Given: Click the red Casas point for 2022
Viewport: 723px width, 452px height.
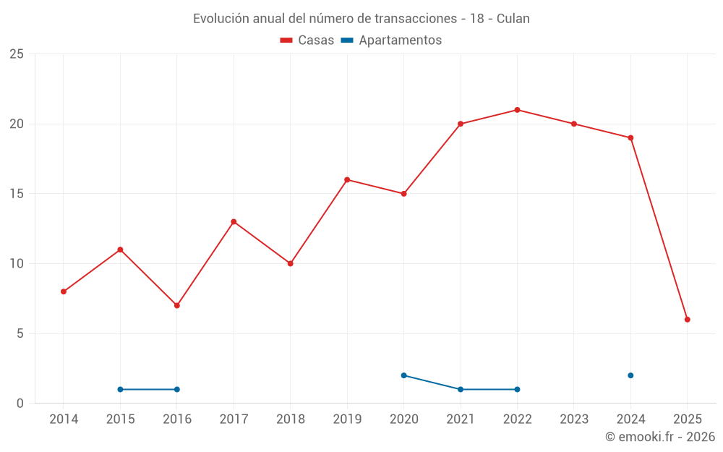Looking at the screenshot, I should [517, 110].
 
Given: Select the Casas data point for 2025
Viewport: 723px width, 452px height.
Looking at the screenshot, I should [687, 320].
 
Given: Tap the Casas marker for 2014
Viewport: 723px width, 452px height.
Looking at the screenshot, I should [64, 291].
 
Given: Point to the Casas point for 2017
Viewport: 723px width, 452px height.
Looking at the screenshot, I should [234, 222].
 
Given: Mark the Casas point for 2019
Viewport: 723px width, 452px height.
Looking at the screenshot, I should [347, 180].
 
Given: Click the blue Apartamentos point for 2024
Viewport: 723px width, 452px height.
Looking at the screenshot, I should [630, 375].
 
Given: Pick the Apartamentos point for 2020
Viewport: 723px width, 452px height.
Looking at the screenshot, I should [403, 375].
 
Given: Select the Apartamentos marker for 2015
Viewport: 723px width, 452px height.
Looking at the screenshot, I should [120, 389].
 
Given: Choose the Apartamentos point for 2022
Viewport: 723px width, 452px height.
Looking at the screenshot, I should [517, 389].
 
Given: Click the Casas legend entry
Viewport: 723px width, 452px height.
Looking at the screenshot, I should [307, 40].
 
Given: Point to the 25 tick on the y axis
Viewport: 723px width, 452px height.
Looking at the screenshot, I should [17, 54].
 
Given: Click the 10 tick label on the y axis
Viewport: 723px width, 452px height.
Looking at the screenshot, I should [17, 264].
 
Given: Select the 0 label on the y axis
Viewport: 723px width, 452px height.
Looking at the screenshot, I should [20, 404].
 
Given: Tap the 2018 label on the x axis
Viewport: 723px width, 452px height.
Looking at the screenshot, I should [290, 419].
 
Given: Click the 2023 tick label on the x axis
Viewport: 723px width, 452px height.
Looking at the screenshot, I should [574, 419].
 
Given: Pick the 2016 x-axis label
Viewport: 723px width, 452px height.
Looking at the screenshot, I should [177, 419].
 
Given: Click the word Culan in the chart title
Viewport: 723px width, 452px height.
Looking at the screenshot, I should [513, 19].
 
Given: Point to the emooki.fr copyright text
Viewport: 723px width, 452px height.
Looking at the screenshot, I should [659, 437].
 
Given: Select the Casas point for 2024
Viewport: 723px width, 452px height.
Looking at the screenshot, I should [630, 138].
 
